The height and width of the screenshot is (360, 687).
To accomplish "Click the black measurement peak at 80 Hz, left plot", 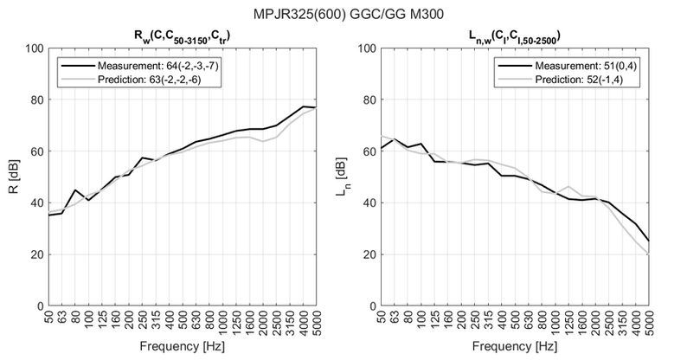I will [75, 190].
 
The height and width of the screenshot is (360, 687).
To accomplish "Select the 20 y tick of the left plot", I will [35, 254].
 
